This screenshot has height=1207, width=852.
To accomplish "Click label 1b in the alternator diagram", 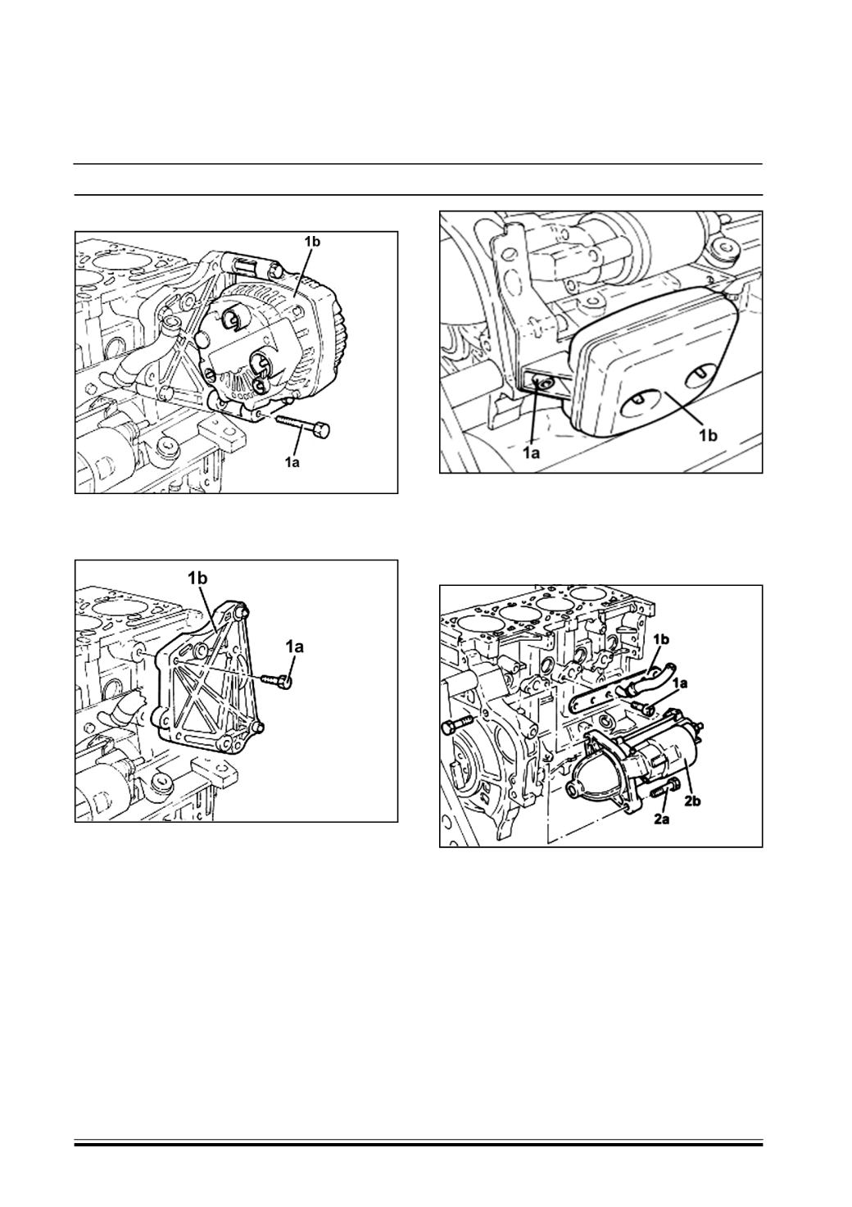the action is (312, 242).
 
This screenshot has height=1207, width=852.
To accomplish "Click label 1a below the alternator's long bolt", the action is (292, 462).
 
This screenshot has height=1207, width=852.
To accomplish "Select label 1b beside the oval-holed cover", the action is (709, 435).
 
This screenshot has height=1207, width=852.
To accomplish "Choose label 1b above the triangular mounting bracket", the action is (197, 578).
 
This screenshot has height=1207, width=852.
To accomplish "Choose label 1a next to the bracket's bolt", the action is (295, 646).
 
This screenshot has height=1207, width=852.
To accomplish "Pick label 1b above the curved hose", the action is (661, 639).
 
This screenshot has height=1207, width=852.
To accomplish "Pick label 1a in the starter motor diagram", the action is (681, 683).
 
